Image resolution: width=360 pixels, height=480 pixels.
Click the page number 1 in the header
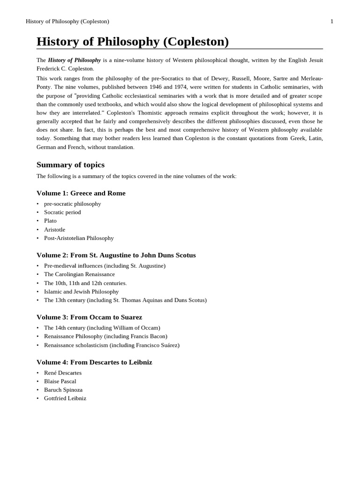(332, 22)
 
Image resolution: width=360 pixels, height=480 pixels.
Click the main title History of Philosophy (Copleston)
(133, 42)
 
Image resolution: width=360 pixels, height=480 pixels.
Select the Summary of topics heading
(70, 165)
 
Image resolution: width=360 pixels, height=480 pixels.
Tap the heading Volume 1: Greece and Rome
(81, 193)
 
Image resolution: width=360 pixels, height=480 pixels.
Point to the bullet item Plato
(50, 221)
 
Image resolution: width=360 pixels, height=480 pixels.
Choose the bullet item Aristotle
(54, 230)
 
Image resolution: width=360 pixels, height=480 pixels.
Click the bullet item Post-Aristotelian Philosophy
(79, 238)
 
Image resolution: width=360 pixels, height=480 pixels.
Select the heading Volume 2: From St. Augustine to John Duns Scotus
(116, 255)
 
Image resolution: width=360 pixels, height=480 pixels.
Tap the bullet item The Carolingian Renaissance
(79, 274)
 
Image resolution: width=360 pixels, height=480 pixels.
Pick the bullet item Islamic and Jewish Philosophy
(81, 292)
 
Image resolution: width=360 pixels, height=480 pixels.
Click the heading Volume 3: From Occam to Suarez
(89, 317)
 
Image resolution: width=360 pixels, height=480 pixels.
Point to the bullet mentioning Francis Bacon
(105, 336)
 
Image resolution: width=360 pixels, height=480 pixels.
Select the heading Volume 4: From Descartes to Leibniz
(94, 362)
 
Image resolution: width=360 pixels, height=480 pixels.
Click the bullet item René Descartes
(63, 373)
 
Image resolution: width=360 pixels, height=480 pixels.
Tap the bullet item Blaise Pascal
(60, 381)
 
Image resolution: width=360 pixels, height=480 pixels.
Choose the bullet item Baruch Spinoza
(63, 390)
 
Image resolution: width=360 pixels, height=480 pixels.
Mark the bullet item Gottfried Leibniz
(65, 398)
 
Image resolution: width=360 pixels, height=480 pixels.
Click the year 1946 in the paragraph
(156, 87)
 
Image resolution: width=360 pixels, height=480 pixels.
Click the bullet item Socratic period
(62, 212)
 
